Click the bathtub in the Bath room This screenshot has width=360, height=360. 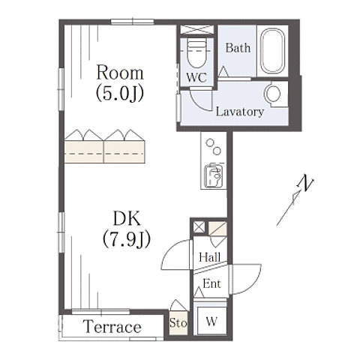(272, 51)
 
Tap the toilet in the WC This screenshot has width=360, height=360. (197, 53)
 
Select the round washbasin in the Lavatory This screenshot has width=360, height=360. (273, 94)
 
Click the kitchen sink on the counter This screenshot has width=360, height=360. (213, 175)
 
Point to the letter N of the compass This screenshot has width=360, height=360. (305, 183)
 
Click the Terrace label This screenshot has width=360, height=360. (112, 326)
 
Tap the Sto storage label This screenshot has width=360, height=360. (178, 322)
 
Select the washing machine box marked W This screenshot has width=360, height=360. (211, 321)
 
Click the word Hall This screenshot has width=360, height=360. (210, 257)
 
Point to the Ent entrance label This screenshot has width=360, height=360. (211, 283)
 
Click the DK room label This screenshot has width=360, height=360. (127, 218)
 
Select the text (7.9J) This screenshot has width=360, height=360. (127, 239)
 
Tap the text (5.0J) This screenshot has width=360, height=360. (120, 93)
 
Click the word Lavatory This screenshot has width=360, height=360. (240, 112)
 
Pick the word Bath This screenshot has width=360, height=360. (238, 48)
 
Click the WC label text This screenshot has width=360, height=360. (196, 77)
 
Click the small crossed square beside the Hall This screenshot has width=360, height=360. (199, 227)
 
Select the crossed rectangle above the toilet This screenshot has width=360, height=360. (197, 29)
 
